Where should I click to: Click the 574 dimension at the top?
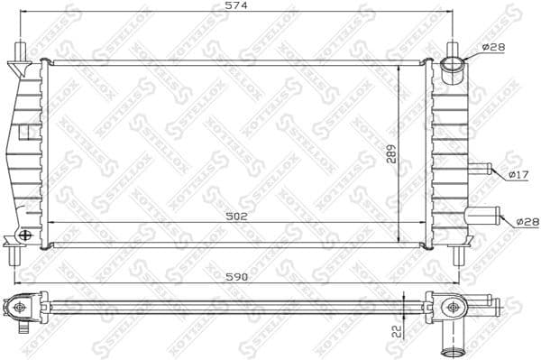click(x=235, y=6)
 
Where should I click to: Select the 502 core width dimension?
click(x=236, y=217)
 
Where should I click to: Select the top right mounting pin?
click(x=456, y=49)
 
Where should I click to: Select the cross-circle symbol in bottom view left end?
click(x=19, y=307)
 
